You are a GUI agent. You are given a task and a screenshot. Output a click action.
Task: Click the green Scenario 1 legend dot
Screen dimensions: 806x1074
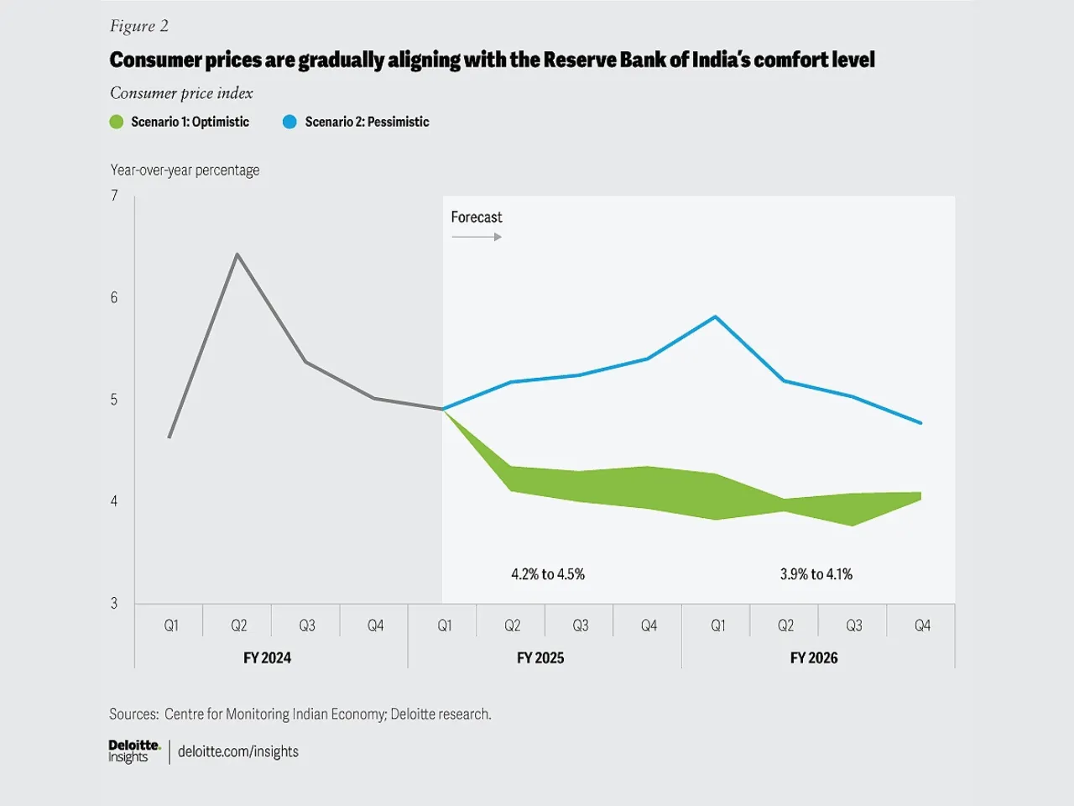tap(117, 122)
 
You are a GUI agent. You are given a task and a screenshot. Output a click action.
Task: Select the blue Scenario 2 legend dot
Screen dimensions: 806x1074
tap(289, 122)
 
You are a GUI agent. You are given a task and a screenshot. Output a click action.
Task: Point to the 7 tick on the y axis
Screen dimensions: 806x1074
tap(114, 196)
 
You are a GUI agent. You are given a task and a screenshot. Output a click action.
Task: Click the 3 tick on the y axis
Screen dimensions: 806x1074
tap(114, 603)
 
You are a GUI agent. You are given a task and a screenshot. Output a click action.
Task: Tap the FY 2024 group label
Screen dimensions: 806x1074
tap(267, 657)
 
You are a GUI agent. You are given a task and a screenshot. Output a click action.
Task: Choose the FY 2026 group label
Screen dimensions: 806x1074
tap(814, 657)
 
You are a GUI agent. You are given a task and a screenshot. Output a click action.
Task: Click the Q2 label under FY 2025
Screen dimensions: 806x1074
tap(512, 625)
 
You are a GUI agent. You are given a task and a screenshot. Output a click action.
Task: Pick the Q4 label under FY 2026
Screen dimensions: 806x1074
tap(922, 625)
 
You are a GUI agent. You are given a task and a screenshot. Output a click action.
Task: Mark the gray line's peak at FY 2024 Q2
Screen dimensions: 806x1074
tap(237, 254)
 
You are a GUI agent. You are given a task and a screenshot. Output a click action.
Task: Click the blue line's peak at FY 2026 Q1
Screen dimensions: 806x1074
tap(715, 317)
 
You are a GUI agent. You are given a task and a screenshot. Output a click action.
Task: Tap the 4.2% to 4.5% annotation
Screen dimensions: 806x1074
tap(548, 574)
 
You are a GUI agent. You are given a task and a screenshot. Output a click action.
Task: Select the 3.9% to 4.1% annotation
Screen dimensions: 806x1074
tap(816, 574)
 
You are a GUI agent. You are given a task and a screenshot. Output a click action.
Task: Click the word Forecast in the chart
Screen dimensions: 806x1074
tap(477, 217)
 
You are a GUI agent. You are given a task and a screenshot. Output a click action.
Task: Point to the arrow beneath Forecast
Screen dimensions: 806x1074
tap(477, 237)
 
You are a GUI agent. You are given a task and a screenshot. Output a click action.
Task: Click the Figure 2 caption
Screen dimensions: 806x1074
tap(139, 26)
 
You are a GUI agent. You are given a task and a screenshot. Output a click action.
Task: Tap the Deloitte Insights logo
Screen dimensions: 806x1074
tap(133, 751)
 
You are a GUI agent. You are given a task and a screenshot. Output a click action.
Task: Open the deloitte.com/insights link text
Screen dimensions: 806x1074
tap(238, 751)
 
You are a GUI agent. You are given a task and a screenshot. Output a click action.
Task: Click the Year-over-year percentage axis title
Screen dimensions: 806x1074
tap(185, 170)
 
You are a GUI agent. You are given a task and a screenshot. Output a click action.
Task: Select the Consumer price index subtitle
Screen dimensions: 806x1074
tap(181, 93)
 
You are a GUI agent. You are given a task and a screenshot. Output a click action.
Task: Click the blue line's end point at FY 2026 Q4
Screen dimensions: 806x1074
tap(921, 423)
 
